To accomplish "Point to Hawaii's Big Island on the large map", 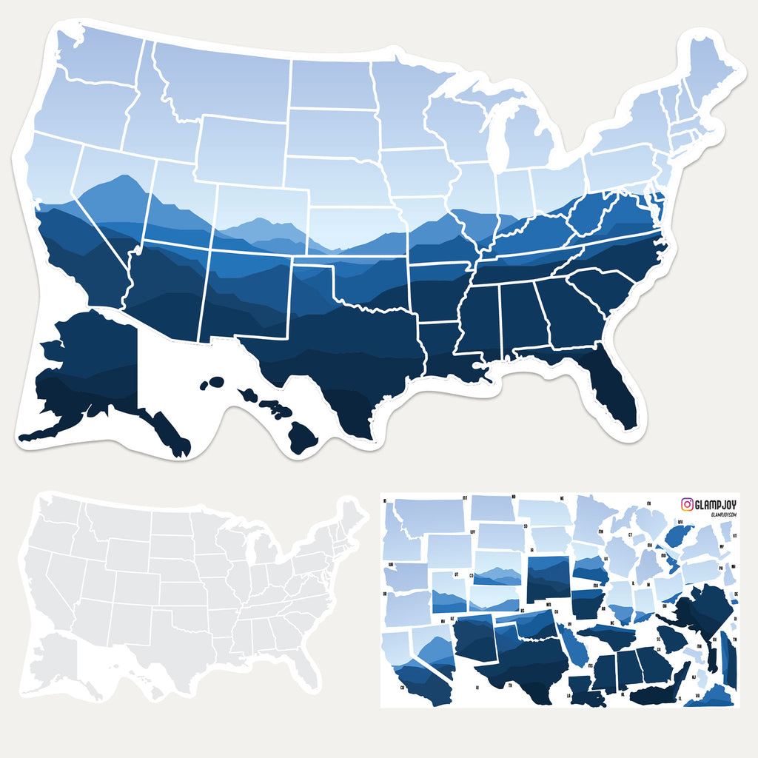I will click(x=302, y=437).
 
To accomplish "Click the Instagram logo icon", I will click(x=688, y=504).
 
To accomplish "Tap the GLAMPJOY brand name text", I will click(x=717, y=504).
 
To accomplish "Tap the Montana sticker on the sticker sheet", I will click(x=429, y=514).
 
